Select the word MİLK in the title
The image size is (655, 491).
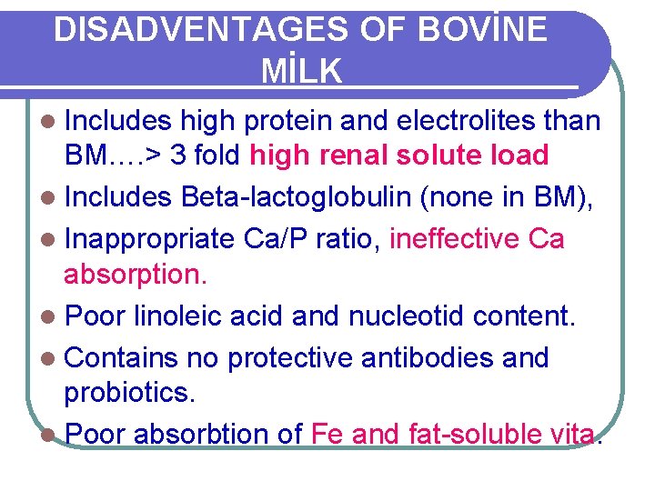coord(301,70)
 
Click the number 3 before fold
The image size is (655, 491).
coord(178,155)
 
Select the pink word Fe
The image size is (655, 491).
coord(327,435)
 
